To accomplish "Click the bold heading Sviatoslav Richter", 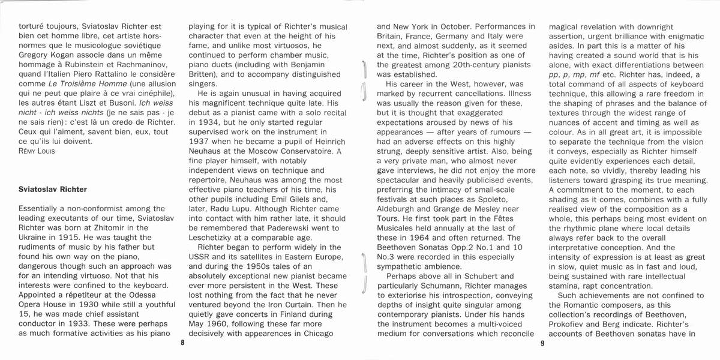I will click(x=53, y=190).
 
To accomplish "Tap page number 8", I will click(x=182, y=344).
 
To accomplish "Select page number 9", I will click(x=542, y=344).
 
